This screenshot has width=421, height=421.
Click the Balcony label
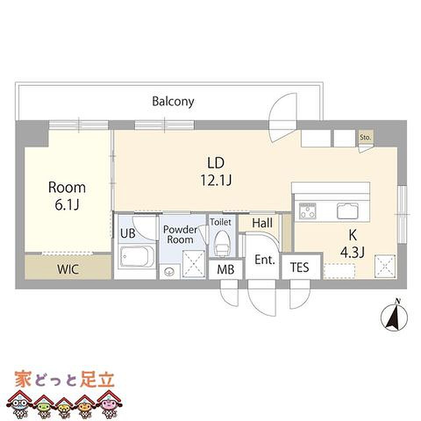click(x=173, y=102)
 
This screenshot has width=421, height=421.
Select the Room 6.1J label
click(x=67, y=195)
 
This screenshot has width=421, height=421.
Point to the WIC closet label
click(x=68, y=268)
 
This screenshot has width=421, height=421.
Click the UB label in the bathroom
click(x=128, y=233)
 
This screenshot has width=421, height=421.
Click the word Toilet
click(x=220, y=222)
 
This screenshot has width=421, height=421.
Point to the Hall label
click(x=262, y=223)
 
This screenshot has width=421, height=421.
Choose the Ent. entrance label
click(x=265, y=260)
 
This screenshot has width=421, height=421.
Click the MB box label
click(x=225, y=269)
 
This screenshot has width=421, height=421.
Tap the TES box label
click(x=300, y=267)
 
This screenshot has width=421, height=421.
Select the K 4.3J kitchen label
click(x=352, y=243)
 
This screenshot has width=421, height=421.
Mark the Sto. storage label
click(x=365, y=137)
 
